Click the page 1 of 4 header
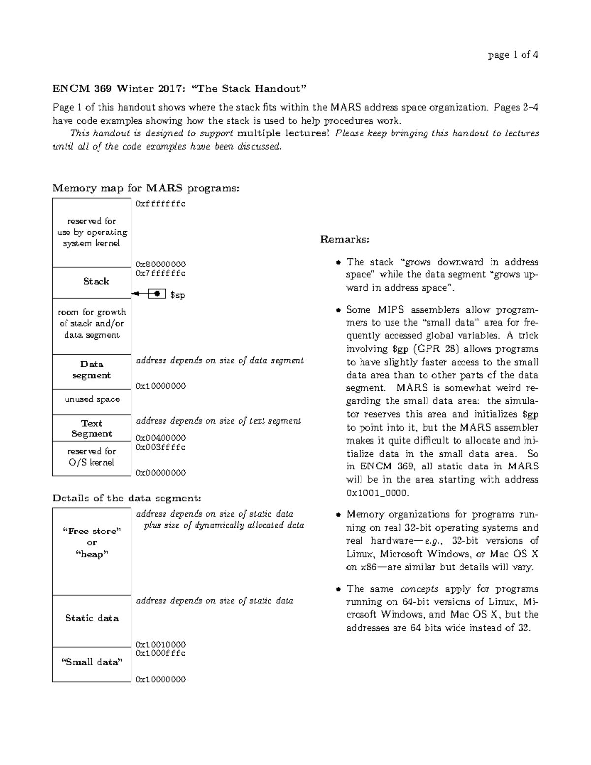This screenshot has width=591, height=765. pos(513,55)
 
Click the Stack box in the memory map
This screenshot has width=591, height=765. pos(92,282)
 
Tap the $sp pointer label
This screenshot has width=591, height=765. pos(177,295)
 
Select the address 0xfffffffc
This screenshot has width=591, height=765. pos(161,203)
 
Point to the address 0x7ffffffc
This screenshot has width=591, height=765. pos(161,273)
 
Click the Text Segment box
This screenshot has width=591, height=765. pos(92,428)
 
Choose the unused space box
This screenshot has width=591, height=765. pos(92,399)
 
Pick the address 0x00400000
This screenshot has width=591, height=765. pos(161,438)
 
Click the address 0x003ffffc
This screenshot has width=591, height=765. pos(161,447)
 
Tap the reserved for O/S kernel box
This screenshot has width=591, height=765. pos(92,457)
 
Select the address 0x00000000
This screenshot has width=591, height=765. pos(161,473)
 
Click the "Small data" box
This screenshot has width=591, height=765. pos(92,663)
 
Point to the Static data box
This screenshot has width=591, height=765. pos(92,618)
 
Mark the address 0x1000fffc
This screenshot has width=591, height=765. pos(161,653)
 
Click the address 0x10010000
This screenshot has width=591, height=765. pos(161,644)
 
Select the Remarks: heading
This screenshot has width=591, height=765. pos(344,240)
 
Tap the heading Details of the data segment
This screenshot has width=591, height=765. pos(127,498)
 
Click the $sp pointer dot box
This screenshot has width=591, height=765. pos(157,294)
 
